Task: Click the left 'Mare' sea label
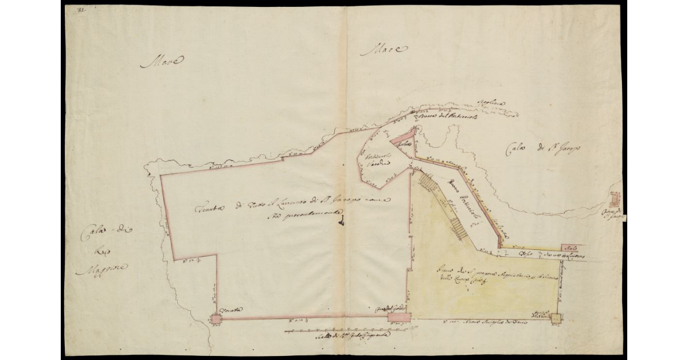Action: click(162, 61)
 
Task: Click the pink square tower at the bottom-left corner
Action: click(216, 318)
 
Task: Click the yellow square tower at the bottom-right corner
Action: click(556, 318)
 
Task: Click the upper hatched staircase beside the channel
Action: click(427, 183)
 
